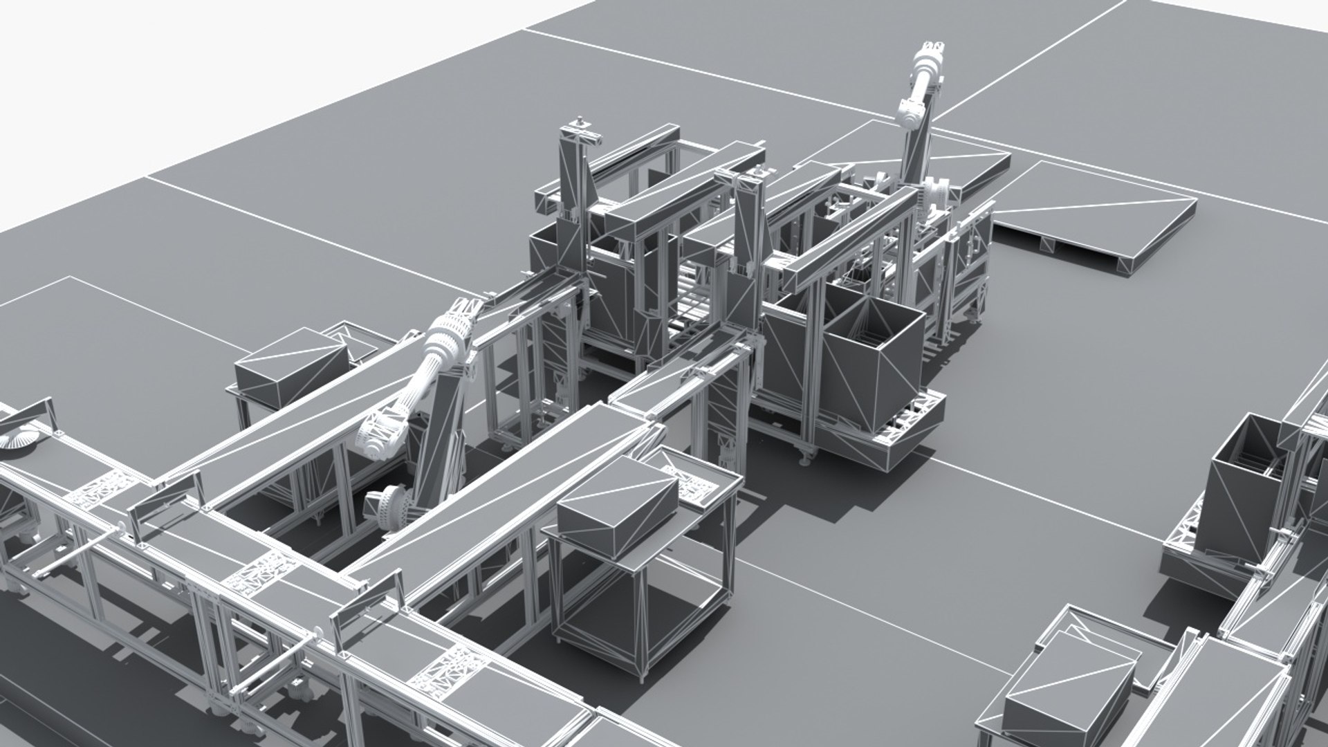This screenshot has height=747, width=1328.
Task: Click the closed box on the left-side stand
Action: [x=290, y=367]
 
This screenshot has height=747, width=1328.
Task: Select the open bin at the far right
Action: [x=1245, y=498]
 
